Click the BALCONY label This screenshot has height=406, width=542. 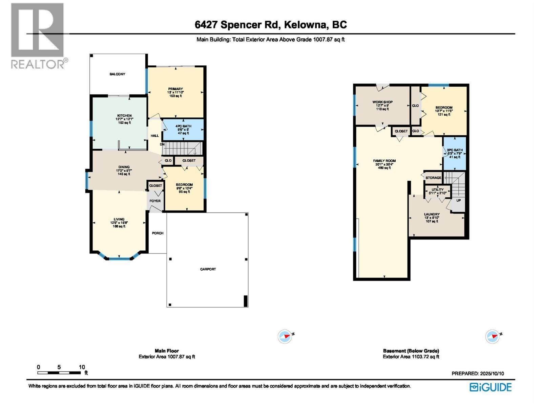click(117, 74)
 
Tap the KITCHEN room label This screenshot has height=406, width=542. click(124, 116)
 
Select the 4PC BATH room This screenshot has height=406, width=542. click(183, 130)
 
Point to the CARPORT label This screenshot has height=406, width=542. click(208, 269)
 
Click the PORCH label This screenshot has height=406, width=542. click(158, 233)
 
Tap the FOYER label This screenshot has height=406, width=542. click(155, 201)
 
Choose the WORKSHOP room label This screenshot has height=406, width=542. click(382, 102)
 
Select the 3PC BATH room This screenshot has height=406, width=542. click(455, 153)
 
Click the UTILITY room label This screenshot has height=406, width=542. click(437, 190)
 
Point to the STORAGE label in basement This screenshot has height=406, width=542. click(433, 178)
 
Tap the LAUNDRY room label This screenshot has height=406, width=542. click(432, 215)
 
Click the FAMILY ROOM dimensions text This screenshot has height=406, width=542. click(384, 164)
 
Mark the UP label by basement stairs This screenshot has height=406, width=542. click(458, 200)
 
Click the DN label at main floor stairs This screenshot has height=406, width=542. click(162, 144)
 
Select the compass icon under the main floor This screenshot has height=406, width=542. click(285, 337)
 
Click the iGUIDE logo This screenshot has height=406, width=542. click(491, 387)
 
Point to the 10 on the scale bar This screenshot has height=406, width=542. click(82, 367)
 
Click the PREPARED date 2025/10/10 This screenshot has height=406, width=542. click(492, 374)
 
